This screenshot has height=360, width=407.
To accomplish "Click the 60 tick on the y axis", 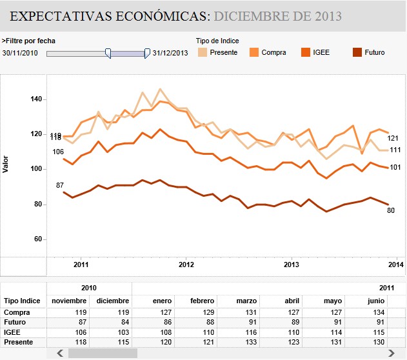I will tap(36, 239).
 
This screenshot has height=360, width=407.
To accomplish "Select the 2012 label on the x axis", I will tap(186, 265).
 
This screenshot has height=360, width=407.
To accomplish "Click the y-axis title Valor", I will tap(6, 163).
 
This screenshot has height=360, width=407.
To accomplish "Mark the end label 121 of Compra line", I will tap(393, 137).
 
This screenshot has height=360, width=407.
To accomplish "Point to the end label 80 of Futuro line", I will tap(391, 210).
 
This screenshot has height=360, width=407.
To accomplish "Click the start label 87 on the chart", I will tap(59, 186).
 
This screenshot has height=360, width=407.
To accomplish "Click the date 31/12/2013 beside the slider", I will tap(170, 53).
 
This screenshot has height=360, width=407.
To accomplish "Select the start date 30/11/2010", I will tap(20, 53).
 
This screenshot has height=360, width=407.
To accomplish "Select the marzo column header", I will tap(248, 301).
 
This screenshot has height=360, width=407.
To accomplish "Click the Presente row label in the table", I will tap(18, 341).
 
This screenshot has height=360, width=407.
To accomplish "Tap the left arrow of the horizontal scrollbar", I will tap(60, 354).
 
